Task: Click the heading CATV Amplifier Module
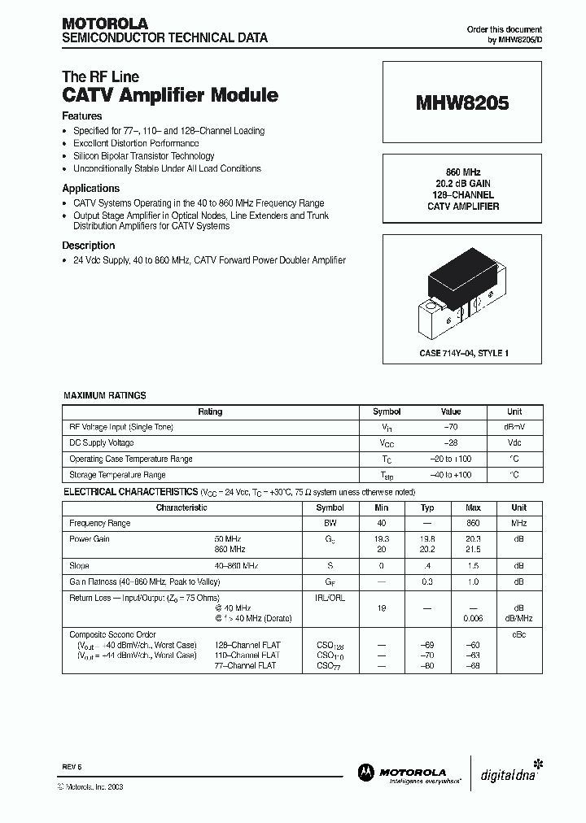coord(170,95)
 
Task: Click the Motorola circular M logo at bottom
coord(365,772)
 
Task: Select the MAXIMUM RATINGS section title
coord(105,395)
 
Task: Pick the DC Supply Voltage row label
coord(102,443)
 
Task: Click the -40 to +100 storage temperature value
coord(450,475)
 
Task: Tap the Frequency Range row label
coord(99,523)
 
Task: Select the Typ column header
coord(427,507)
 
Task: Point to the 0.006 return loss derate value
coord(473,618)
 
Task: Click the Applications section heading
coord(90,189)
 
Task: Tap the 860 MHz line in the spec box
coord(462,172)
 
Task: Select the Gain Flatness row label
coord(143,581)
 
